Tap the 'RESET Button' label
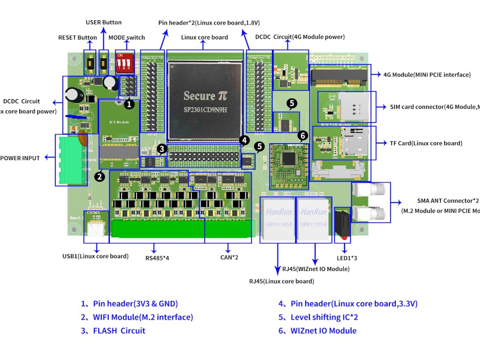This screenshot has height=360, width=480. [77, 37]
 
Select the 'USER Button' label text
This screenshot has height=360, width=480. [103, 22]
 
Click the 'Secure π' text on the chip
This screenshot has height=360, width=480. [206, 96]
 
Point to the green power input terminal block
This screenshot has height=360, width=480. [70, 159]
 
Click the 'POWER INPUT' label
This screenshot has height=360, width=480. [20, 158]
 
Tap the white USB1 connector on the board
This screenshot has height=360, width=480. [96, 229]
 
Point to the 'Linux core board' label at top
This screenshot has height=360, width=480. [204, 37]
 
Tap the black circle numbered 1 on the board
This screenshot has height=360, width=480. [128, 100]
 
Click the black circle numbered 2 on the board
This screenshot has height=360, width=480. [99, 176]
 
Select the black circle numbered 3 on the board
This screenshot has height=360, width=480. [162, 149]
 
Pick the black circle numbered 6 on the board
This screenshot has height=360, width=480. [302, 135]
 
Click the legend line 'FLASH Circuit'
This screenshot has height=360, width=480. [113, 331]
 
